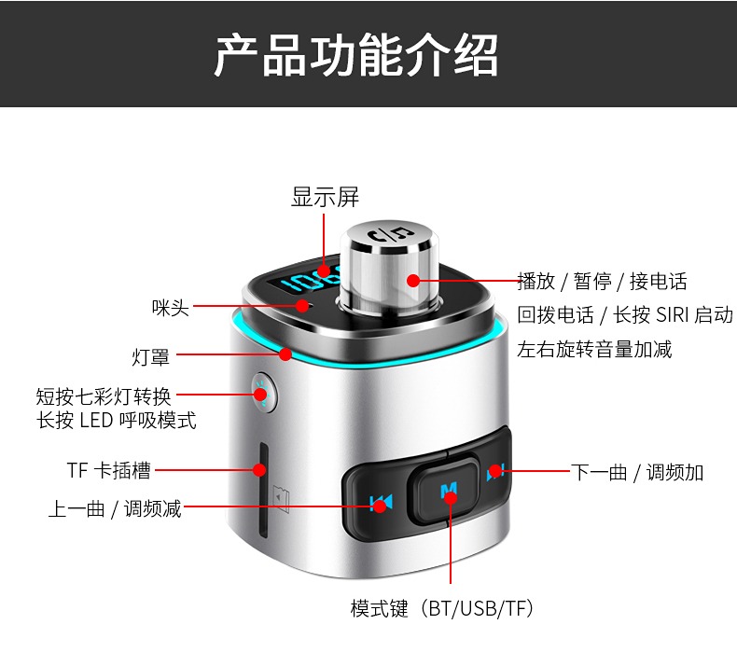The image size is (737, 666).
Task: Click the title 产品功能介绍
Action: [x=355, y=55]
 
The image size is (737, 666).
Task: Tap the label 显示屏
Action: [x=325, y=197]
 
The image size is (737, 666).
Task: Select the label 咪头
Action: [x=170, y=308]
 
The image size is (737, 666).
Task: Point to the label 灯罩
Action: [x=150, y=357]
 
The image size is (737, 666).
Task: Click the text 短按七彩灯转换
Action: [x=104, y=396]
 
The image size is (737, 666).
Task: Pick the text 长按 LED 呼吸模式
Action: [x=116, y=420]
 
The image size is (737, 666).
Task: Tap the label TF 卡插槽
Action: [x=108, y=470]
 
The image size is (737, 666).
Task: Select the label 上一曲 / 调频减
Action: [x=115, y=508]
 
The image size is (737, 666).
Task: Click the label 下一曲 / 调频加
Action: [x=637, y=472]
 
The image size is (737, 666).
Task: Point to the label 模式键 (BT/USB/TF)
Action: [x=442, y=608]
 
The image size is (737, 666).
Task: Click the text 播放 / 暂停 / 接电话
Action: [x=602, y=281]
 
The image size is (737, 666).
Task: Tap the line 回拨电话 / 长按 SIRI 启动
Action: [x=625, y=315]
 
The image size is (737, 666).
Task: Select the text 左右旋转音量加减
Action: [x=594, y=349]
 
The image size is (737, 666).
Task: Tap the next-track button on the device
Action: [x=495, y=471]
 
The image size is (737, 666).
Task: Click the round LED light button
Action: [x=263, y=393]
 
